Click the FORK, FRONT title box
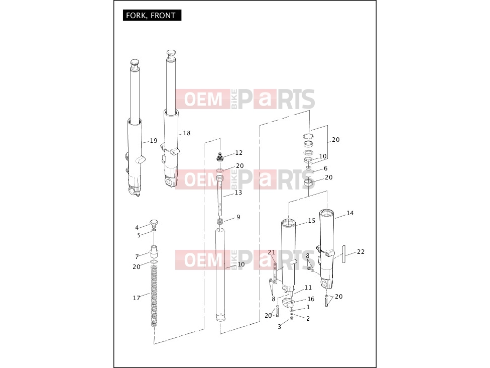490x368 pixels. pos(152,15)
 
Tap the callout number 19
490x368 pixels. pos(154,141)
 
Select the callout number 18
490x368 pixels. pos(187,133)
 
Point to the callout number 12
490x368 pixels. pos(239,153)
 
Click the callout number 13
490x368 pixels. pos(238,193)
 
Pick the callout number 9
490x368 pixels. pos(238,217)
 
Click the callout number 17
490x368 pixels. pos(137,298)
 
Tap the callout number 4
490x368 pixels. pos(137,228)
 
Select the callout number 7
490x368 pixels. pos(137,256)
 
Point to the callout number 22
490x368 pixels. pos(360,251)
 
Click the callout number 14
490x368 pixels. pos(350,213)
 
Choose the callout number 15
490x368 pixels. pos(312,221)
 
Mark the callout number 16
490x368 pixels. pos(311,299)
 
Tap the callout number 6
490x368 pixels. pos(326,168)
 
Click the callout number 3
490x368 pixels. pos(279,327)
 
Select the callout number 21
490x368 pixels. pos(272,252)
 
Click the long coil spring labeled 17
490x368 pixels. pos(154,296)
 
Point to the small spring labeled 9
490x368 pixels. pos(220,221)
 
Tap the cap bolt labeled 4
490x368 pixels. pos(154,223)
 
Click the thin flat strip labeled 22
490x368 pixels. pos(344,254)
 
